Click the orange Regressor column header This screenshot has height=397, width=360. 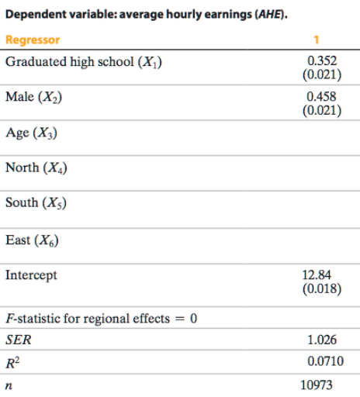pos(33,40)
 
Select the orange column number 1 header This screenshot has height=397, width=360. pos(320,40)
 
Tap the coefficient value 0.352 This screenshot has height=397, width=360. pos(320,60)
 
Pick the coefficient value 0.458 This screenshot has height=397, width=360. pos(320,96)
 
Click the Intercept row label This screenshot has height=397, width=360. pos(31,274)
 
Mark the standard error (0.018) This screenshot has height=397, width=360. pos(320,288)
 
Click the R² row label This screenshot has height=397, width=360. pos(12,360)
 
